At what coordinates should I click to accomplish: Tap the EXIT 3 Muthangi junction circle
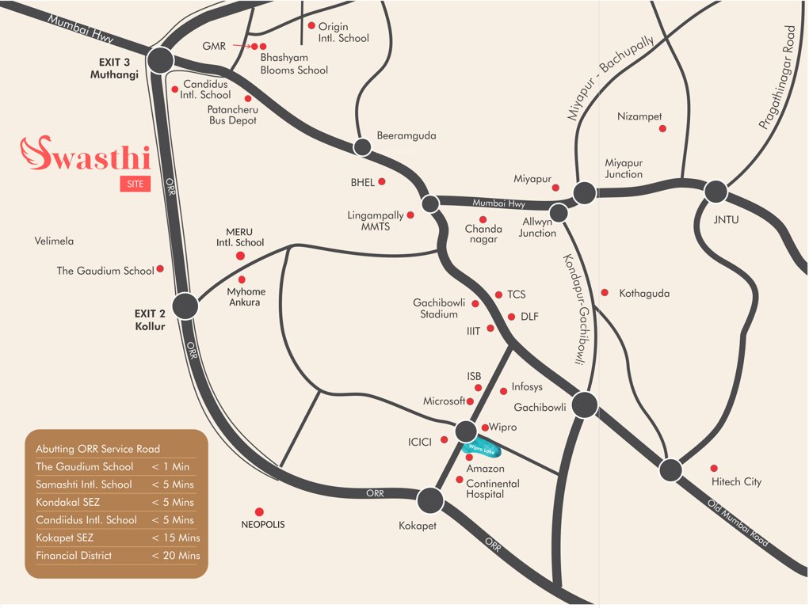coord(161,59)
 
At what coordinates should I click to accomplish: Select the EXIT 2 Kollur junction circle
coord(185,306)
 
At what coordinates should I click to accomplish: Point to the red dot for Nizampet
coord(662,128)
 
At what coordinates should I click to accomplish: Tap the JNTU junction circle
coord(716,192)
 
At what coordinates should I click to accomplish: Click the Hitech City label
coord(736,481)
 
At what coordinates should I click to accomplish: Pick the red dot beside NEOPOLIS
coord(259,511)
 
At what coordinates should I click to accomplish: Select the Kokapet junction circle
coord(430,500)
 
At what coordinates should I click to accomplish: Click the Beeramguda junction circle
coord(362,146)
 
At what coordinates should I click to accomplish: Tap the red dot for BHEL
coord(382,181)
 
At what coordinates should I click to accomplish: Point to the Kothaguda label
coord(644,294)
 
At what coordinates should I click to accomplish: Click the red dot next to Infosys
coord(504,391)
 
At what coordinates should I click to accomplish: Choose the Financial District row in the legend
coord(117,556)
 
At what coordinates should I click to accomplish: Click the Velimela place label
coord(54,241)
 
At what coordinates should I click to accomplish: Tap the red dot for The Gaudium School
coord(160,269)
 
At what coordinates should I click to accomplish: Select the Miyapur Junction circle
coord(585,192)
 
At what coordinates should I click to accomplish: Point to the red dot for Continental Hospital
coord(460,479)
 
